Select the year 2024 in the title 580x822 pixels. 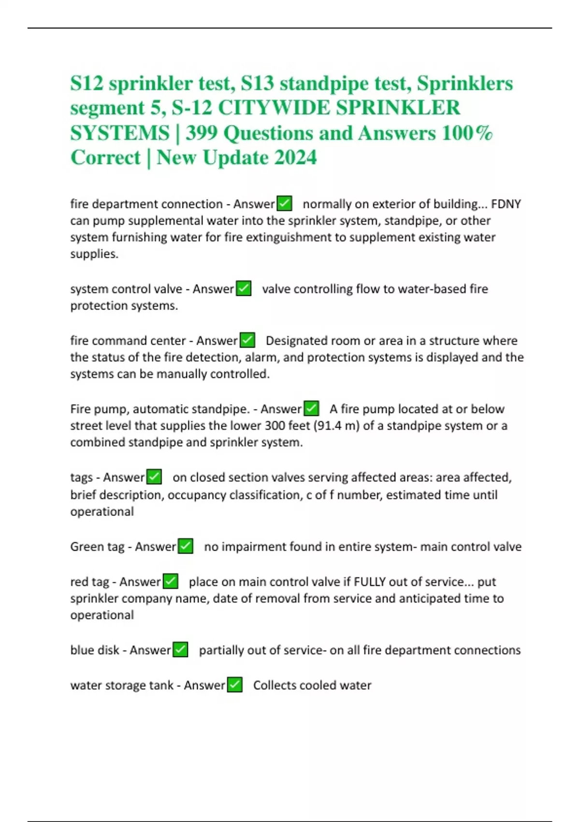pyautogui.click(x=295, y=158)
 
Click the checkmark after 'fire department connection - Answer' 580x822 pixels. pyautogui.click(x=284, y=204)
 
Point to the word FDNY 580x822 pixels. pyautogui.click(x=506, y=204)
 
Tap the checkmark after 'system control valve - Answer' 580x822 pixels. pyautogui.click(x=244, y=289)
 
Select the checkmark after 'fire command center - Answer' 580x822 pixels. pyautogui.click(x=247, y=340)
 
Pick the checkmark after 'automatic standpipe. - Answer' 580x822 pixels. pyautogui.click(x=311, y=409)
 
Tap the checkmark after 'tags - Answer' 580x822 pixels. pyautogui.click(x=154, y=477)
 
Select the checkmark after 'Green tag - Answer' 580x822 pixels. pyautogui.click(x=186, y=546)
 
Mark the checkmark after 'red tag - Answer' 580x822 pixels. pyautogui.click(x=170, y=581)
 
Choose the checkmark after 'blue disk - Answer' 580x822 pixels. pyautogui.click(x=180, y=650)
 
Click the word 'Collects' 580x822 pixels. pyautogui.click(x=275, y=685)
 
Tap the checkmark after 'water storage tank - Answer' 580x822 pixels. pyautogui.click(x=234, y=685)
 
